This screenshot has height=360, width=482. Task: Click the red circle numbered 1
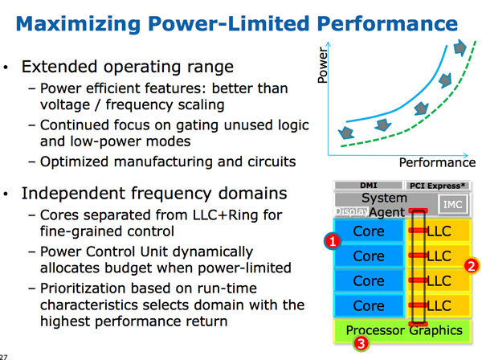[x=333, y=241]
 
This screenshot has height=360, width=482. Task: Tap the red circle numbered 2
[x=472, y=265]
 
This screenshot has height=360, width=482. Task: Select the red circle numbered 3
[x=361, y=343]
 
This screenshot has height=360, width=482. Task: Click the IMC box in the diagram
[x=452, y=204]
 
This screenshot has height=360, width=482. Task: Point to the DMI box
[x=368, y=186]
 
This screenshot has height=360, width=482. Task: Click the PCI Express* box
[x=437, y=186]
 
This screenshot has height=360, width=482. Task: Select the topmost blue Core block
[x=369, y=231]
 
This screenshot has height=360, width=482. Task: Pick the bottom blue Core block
[x=369, y=305]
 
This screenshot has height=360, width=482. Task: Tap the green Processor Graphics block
[x=402, y=331]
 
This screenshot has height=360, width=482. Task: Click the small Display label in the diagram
[x=352, y=211]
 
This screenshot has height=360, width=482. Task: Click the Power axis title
[x=322, y=65]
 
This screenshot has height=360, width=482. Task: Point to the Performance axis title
[x=437, y=162]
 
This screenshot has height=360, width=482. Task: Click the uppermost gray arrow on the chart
[x=460, y=47]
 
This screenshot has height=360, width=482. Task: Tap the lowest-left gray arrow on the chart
[x=346, y=133]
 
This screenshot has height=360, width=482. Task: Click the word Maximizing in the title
[x=78, y=24]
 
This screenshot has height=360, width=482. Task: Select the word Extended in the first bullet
[x=59, y=67]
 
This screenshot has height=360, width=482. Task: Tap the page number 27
[x=3, y=357]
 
